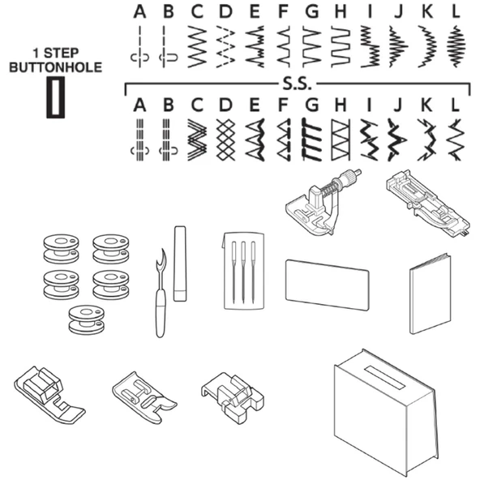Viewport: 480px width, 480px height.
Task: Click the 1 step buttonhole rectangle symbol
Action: [x=55, y=97]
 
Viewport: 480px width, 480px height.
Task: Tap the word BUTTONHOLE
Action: [x=55, y=67]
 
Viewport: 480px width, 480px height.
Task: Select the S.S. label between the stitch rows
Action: [x=297, y=84]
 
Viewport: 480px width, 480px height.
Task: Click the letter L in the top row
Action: [x=456, y=11]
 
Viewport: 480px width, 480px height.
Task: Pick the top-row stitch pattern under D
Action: [x=226, y=46]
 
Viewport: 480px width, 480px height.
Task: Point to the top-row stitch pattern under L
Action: [x=456, y=46]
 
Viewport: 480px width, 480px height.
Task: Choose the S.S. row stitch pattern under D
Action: [x=225, y=140]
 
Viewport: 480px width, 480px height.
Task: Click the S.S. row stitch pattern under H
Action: [x=341, y=140]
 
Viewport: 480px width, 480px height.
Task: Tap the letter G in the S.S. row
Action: [x=312, y=105]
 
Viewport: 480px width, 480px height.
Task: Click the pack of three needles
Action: [x=244, y=272]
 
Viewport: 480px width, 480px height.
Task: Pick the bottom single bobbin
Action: [x=86, y=319]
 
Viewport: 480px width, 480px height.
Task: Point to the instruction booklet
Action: [x=430, y=294]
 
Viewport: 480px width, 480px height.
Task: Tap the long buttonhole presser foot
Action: [x=428, y=204]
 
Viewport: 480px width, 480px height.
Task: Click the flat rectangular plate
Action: [x=328, y=285]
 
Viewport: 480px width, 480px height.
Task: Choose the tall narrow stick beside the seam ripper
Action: [x=180, y=264]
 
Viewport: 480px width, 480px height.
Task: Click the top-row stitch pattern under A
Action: [x=140, y=46]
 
